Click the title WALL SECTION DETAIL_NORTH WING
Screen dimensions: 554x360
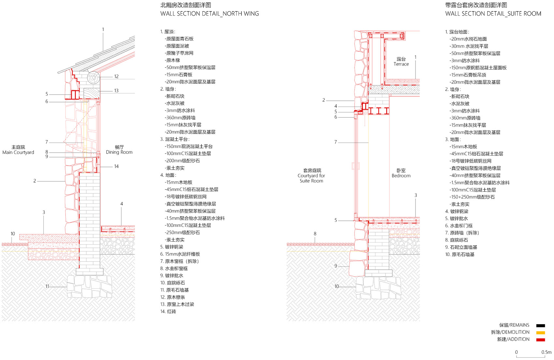[x=210, y=14]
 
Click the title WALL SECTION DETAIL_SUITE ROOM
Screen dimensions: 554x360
[x=493, y=14]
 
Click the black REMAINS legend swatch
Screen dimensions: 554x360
[x=541, y=326]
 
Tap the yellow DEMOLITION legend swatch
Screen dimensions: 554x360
[x=541, y=333]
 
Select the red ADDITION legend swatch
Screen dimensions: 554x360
[x=541, y=340]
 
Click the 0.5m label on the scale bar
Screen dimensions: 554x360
[x=546, y=352]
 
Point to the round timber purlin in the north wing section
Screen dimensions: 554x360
[x=94, y=77]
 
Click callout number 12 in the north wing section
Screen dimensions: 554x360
[x=116, y=76]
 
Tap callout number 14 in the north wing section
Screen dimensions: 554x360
[x=116, y=167]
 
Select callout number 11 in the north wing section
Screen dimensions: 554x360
[x=47, y=286]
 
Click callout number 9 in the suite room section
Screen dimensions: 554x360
[x=336, y=266]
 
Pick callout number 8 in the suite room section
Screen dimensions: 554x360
[x=315, y=233]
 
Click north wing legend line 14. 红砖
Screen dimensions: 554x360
[x=168, y=311]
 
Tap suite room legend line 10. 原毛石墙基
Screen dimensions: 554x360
[x=460, y=254]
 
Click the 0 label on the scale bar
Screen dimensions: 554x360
[x=517, y=352]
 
